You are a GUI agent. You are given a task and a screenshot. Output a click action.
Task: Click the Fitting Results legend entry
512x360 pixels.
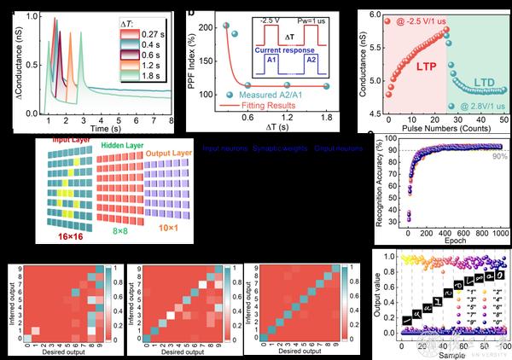click(256, 104)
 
